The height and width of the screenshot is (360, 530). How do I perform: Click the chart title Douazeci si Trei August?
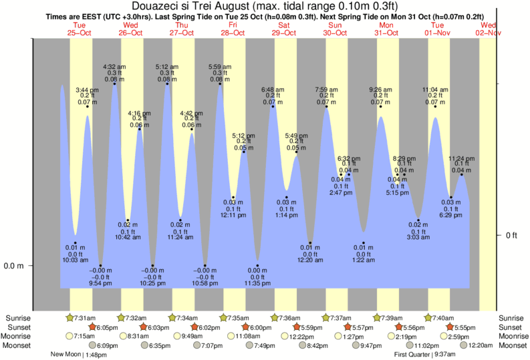pos(265,6)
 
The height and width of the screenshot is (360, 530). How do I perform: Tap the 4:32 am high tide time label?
pos(114,66)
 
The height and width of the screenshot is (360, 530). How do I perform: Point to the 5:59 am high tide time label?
pos(219,66)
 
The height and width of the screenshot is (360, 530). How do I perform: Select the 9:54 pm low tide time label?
pos(100,283)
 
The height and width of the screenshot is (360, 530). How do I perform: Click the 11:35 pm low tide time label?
pos(257,283)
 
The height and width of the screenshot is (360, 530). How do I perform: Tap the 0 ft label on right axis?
pos(512,235)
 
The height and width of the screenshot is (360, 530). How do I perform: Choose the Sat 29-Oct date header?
pos(285,29)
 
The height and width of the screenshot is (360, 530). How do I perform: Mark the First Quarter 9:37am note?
pos(426,355)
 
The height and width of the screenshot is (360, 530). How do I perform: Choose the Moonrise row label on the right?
pos(513,336)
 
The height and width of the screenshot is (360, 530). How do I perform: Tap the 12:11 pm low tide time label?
pos(233,216)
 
